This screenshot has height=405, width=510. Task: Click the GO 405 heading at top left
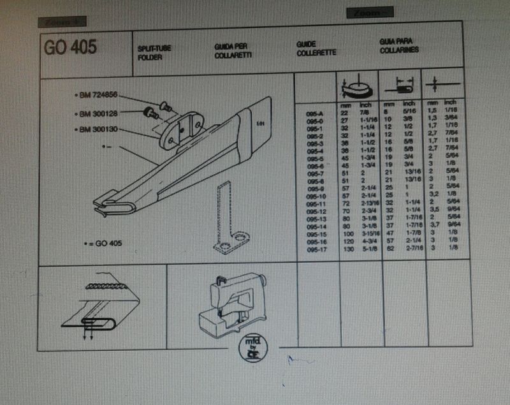click(70, 48)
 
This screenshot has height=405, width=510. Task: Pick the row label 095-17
click(317, 250)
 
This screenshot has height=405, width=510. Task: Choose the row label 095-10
click(317, 197)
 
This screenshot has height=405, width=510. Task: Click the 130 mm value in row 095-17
click(347, 250)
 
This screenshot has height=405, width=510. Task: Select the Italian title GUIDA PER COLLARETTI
click(231, 51)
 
